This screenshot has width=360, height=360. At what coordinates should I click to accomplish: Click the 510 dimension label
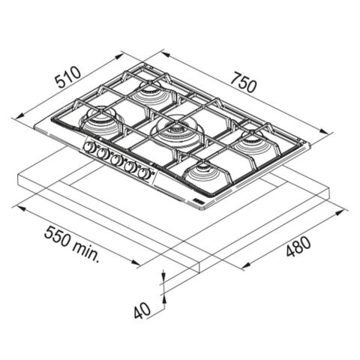68,77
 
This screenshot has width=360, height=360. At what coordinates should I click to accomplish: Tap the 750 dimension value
243,82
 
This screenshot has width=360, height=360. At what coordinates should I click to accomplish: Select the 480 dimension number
298,247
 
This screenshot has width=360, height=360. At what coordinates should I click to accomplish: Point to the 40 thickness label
142,310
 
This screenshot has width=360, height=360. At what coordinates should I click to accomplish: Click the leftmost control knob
88,147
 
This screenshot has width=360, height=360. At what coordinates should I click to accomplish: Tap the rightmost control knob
143,173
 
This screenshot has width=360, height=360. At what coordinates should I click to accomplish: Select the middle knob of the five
115,160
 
